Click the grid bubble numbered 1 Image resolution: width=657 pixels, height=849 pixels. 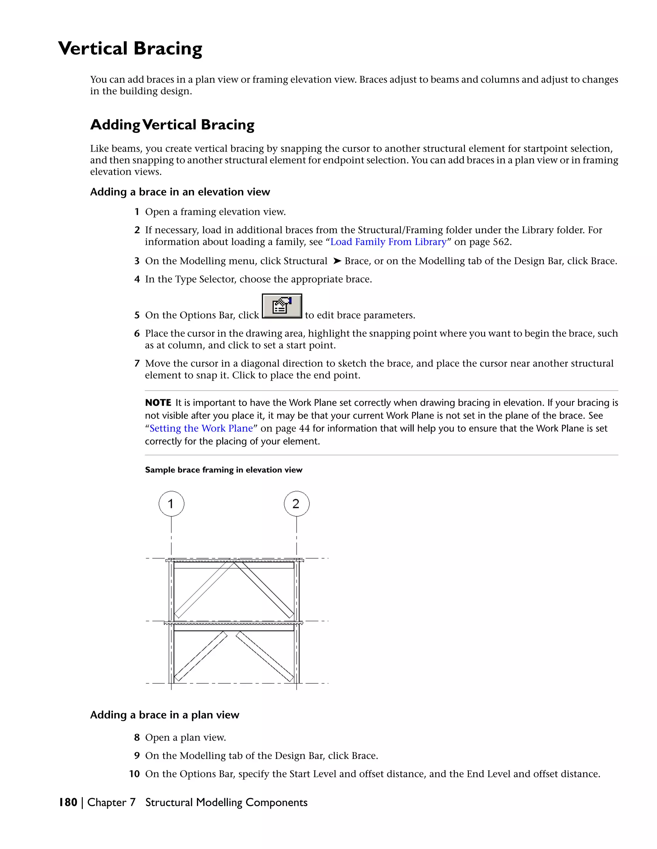pos(171,504)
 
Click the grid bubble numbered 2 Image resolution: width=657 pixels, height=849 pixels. pos(297,504)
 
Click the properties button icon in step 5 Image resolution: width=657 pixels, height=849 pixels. pos(282,306)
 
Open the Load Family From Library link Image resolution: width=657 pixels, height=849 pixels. pos(388,242)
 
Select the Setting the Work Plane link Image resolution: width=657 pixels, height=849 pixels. pos(201,428)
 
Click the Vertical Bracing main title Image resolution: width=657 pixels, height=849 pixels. pos(130,49)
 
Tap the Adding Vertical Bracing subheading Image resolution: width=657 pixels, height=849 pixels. pos(172,125)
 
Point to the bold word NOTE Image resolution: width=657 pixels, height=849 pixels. pos(158,403)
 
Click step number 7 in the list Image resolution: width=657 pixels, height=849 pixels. pos(137,364)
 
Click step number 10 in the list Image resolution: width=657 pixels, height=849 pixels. pos(134,774)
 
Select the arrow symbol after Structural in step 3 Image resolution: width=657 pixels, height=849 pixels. pos(337,261)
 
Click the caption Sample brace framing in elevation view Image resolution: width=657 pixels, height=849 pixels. pos(223,470)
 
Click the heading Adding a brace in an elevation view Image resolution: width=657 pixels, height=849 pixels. pos(180,192)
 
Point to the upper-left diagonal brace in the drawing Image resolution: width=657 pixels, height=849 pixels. pos(204,590)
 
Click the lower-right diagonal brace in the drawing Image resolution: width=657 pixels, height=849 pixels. pos(265,656)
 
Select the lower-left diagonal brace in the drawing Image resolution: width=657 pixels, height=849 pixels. pos(201,656)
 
